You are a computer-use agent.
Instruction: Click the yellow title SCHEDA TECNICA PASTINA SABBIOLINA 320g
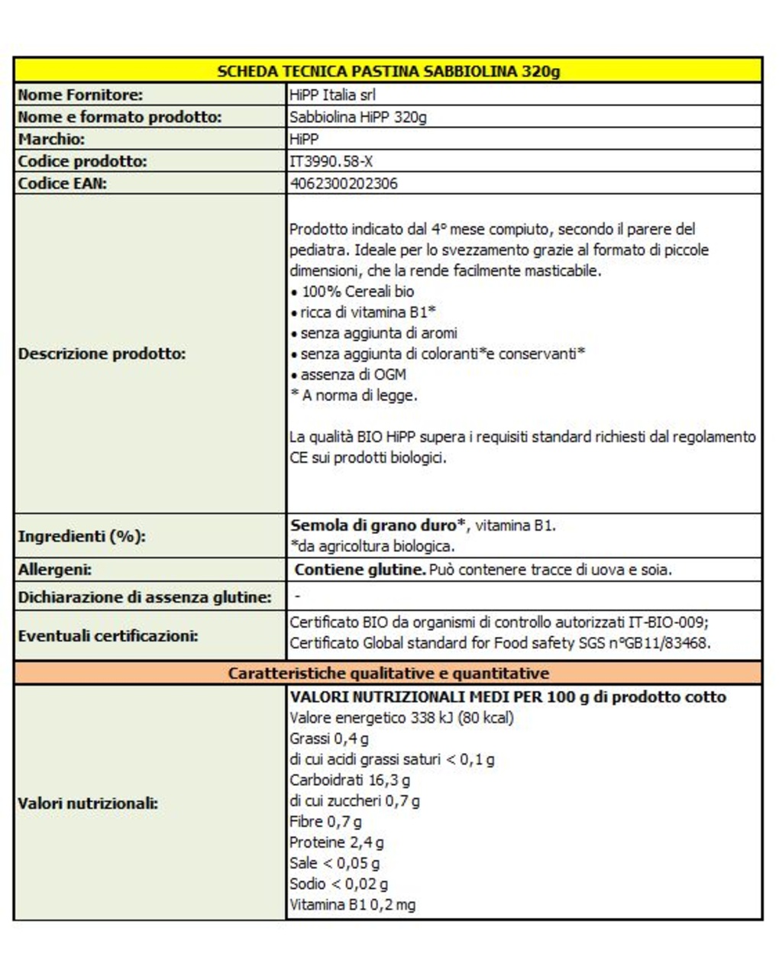coord(388,71)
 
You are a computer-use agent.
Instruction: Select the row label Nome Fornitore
coord(80,95)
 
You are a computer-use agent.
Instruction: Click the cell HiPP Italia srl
coord(333,95)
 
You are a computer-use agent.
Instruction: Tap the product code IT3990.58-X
coord(331,161)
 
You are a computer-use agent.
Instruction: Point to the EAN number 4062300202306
coord(344,183)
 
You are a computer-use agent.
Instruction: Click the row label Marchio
coord(51,139)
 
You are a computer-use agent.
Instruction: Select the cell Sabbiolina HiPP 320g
coord(358,117)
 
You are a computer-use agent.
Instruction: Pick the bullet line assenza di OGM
coord(353,374)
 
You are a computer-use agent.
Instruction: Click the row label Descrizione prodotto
coord(102,354)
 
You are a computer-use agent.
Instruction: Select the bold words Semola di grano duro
coord(374,525)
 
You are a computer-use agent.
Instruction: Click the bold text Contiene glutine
coord(360,570)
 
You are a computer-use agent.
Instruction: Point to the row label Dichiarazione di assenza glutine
coord(144,597)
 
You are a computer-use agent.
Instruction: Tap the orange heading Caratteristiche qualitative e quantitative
coord(388,674)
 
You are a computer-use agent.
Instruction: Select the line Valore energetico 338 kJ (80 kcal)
coord(402,718)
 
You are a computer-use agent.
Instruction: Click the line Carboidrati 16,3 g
coord(350,780)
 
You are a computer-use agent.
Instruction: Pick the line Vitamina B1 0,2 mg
coord(353,905)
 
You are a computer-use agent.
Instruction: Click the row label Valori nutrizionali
coord(88,803)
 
